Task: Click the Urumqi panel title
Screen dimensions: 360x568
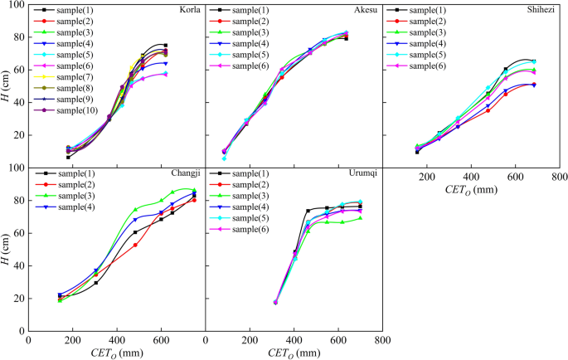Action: (362, 174)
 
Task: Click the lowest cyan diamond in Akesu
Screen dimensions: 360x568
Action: (224, 158)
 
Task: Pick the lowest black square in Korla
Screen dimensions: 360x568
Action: (68, 157)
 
